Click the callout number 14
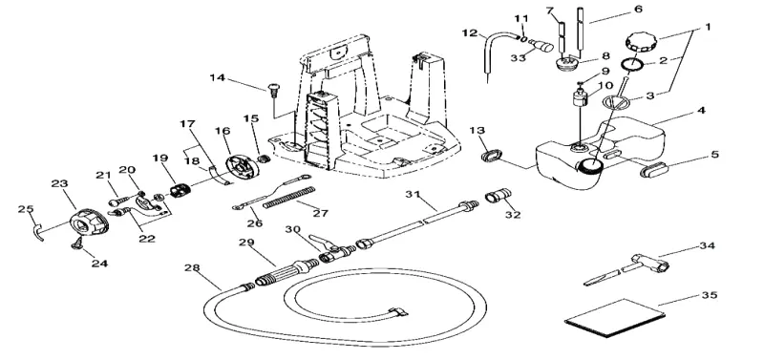(x=219, y=78)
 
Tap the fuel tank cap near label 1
(x=641, y=41)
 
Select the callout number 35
(x=710, y=295)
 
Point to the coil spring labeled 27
(x=289, y=198)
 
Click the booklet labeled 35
(x=615, y=318)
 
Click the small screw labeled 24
(x=77, y=245)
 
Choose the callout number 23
(x=60, y=183)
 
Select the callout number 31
(x=414, y=195)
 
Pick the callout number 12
(x=470, y=33)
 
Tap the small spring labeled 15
(x=264, y=159)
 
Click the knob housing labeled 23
(x=90, y=222)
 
